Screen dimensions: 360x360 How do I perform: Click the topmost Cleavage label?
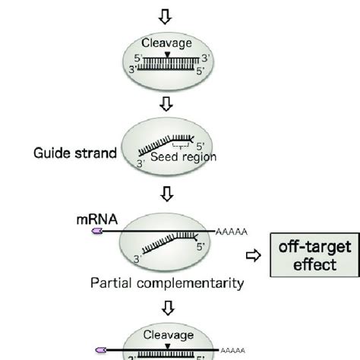(x=169, y=43)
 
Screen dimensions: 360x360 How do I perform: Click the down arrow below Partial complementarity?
(x=169, y=308)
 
